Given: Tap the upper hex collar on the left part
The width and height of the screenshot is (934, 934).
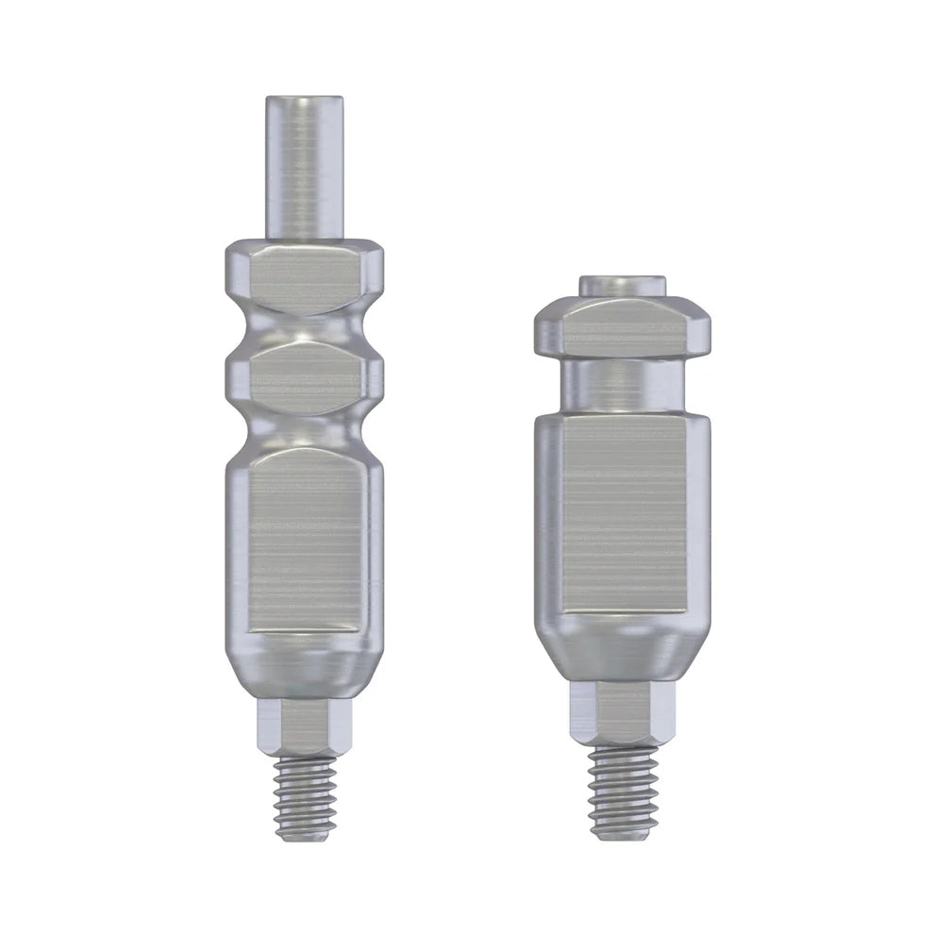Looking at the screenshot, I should point(304,274).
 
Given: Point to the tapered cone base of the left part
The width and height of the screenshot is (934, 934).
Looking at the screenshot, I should point(304,665).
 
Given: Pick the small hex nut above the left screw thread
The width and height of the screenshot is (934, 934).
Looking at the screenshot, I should point(304,726).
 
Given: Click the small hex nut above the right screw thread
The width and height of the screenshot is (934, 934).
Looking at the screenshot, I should point(623,712).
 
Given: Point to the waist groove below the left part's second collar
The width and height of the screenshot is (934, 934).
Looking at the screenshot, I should point(304,429).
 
